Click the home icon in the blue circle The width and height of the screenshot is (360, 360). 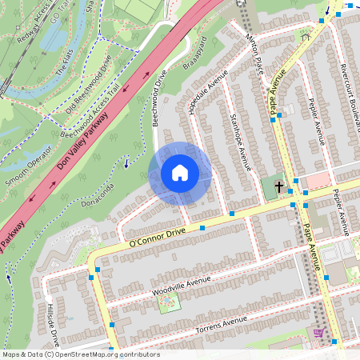point(180,173)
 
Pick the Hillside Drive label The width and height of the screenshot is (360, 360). point(52,324)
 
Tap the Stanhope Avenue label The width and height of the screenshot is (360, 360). point(240,142)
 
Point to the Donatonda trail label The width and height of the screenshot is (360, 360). point(97,196)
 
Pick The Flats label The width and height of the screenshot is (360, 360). point(65,69)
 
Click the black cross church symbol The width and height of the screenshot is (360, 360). point(279,186)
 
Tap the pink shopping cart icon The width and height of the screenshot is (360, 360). point(319,334)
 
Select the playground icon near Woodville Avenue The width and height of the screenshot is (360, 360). point(168,304)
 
